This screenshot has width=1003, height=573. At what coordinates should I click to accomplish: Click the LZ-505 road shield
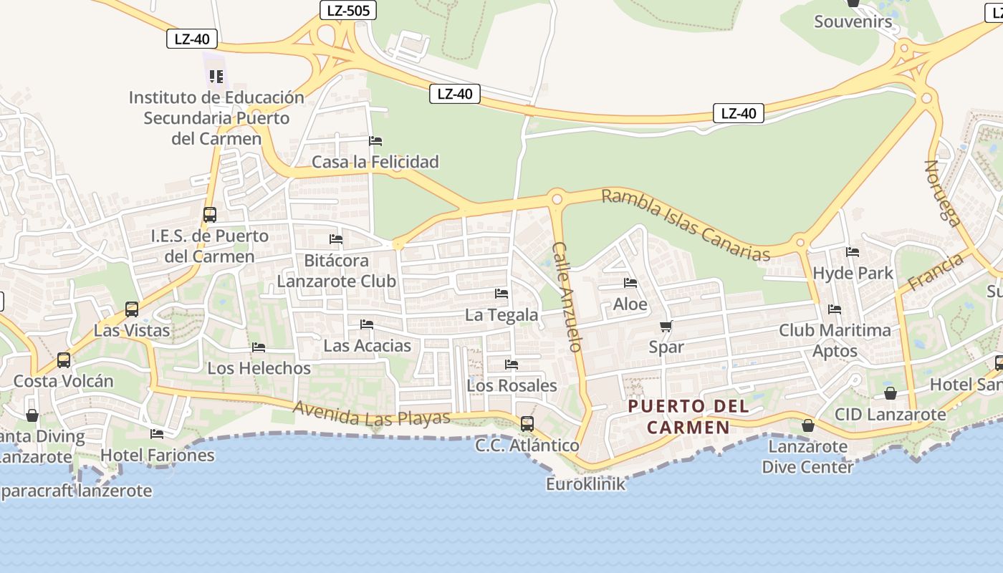[347, 10]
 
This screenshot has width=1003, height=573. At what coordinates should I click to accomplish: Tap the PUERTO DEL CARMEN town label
[688, 417]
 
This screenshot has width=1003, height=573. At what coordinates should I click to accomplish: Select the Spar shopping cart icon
[666, 327]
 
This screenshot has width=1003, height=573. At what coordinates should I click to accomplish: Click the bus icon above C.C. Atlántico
[527, 423]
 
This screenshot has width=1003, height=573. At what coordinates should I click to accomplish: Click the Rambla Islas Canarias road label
[686, 225]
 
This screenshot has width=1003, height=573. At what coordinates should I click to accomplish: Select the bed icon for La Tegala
[501, 294]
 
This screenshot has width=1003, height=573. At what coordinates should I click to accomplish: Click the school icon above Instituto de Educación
[216, 76]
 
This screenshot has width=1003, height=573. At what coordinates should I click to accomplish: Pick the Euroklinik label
[585, 484]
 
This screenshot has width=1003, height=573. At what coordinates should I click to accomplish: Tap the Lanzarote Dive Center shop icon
[808, 425]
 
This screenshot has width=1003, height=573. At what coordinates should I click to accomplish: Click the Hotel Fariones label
[157, 455]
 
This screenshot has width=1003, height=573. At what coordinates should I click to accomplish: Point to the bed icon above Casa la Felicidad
[375, 141]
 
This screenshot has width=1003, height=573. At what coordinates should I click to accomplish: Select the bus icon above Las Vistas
[132, 309]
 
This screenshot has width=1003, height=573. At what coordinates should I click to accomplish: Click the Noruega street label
[941, 193]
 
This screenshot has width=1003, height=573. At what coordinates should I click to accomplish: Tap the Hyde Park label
[853, 273]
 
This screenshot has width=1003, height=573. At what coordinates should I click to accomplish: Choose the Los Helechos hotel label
[259, 368]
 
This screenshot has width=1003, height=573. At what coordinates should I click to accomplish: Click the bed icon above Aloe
[630, 283]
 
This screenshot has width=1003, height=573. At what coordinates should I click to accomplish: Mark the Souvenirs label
[853, 21]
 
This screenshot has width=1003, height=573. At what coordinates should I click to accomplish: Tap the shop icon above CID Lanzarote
[891, 393]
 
